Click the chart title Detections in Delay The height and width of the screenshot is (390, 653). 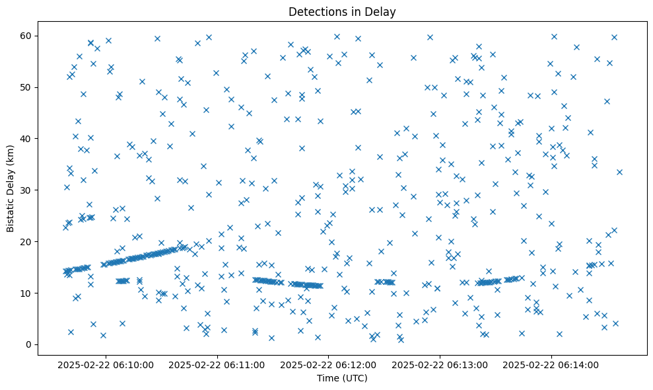tap(342, 11)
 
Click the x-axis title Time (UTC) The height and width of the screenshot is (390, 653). tap(342, 379)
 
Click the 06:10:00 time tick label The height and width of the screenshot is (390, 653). tap(106, 364)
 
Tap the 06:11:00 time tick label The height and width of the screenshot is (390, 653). tap(217, 364)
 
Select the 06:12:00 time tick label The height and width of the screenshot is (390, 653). tap(329, 364)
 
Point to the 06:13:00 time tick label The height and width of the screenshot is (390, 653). tap(440, 364)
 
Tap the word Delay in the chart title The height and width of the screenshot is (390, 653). tap(382, 11)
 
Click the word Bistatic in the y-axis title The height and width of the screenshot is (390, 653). tap(11, 214)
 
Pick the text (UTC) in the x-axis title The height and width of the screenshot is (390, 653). tap(355, 379)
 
